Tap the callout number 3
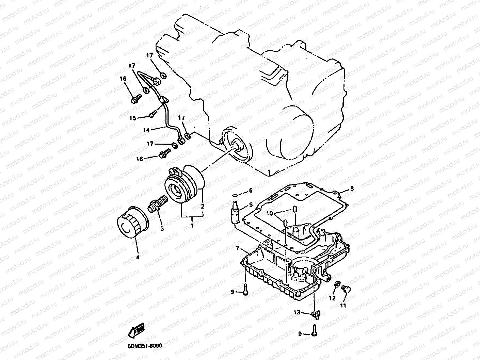[162, 229]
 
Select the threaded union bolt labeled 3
[157, 203]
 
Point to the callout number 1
[192, 225]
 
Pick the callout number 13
[297, 312]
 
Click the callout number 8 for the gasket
[352, 188]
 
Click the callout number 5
[251, 205]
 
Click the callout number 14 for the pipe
[146, 129]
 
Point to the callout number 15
[132, 118]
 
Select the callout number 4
[138, 257]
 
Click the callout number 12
[332, 298]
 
